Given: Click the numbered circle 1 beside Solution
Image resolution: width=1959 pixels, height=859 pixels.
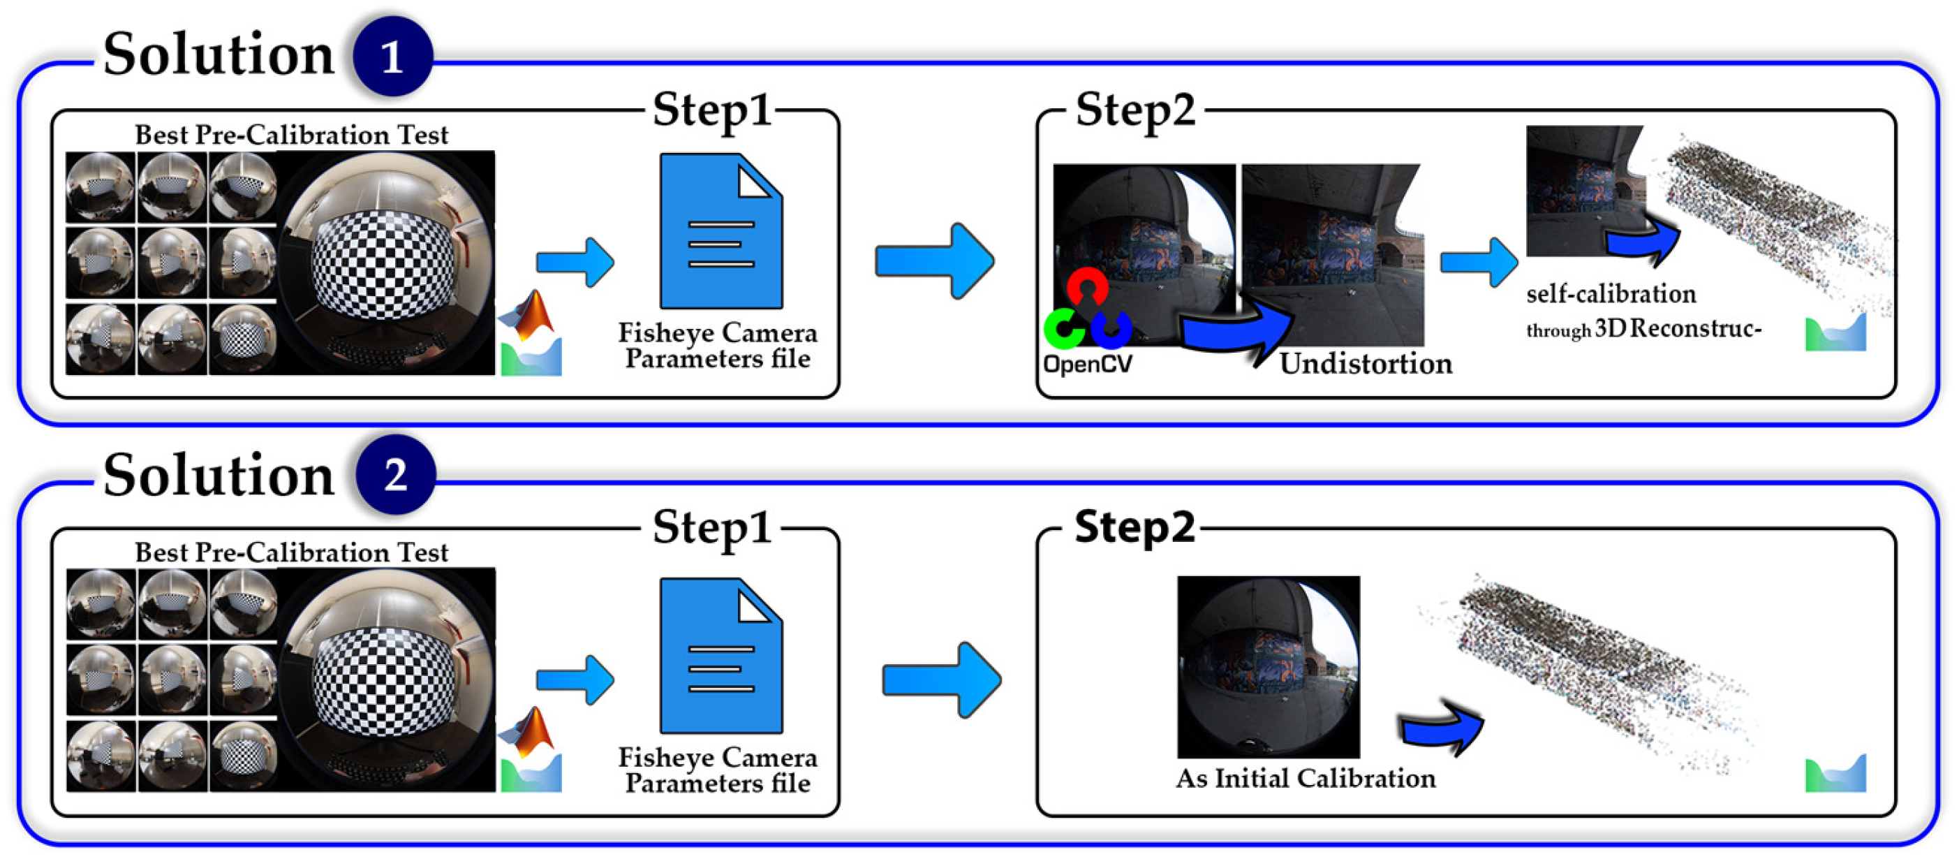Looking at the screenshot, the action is click(x=392, y=57).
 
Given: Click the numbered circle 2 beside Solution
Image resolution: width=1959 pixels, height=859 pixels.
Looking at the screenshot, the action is click(x=395, y=475).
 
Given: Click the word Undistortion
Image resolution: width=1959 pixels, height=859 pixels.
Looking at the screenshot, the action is click(x=1366, y=364).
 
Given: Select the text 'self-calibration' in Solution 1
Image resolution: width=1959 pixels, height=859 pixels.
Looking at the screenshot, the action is click(x=1611, y=294).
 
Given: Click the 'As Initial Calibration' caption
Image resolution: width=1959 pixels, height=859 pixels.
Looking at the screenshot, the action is click(x=1306, y=779).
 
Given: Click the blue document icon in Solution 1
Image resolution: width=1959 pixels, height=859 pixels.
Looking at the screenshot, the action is click(x=721, y=231).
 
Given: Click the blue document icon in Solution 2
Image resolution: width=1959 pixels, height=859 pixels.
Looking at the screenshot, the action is click(x=721, y=656).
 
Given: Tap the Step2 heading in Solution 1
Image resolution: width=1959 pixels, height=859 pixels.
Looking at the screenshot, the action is click(x=1135, y=110).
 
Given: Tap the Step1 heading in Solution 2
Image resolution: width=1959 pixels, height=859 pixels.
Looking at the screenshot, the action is click(x=713, y=527).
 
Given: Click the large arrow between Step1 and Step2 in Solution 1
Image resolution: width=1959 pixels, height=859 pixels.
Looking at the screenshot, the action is click(x=935, y=261).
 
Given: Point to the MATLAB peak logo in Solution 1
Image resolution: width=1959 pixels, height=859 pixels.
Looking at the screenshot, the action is click(x=530, y=316).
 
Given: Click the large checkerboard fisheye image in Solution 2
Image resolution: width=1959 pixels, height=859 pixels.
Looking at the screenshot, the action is click(x=386, y=680).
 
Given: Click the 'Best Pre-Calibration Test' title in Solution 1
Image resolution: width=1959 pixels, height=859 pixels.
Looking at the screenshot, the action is click(x=291, y=135).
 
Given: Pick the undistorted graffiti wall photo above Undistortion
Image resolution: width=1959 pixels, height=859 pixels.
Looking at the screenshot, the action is click(x=1332, y=255).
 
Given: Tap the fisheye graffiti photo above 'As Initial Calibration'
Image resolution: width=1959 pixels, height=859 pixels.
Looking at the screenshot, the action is click(x=1269, y=666).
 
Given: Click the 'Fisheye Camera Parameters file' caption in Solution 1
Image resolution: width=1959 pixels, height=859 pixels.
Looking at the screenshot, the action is click(x=717, y=346).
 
